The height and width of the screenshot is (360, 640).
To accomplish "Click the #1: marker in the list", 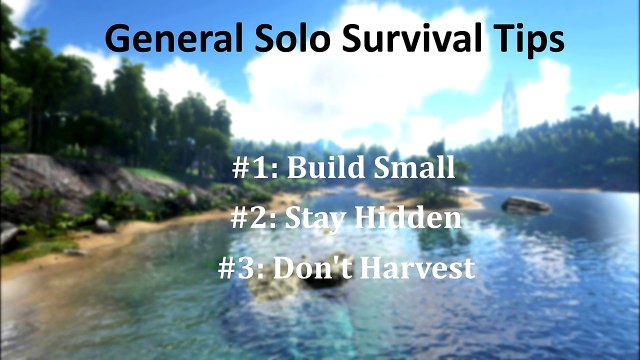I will pos(256,167).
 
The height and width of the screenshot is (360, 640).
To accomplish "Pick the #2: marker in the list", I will pos(256,218).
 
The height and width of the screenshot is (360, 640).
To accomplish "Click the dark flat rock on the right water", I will pos(526,204).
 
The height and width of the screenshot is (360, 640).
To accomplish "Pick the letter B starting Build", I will pos(297,167).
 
